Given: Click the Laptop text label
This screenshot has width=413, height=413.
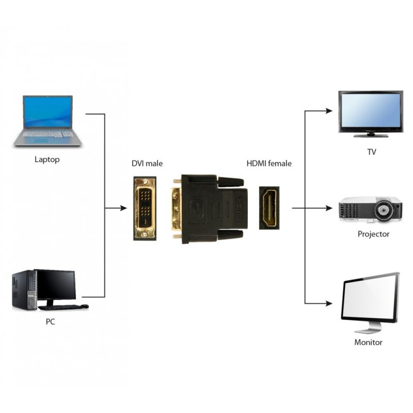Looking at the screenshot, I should coord(47,159).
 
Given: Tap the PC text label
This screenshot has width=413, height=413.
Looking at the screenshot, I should coord(50,322).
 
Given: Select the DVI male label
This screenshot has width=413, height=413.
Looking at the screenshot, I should coord(147,164).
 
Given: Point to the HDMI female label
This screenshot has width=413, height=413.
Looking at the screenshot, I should coord(269,164).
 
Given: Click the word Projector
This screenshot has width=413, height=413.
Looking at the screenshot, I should coord(373,234).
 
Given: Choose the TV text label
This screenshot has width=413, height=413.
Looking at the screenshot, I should coord(372,152).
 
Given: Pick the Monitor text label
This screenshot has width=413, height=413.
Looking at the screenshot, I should coord(368,342).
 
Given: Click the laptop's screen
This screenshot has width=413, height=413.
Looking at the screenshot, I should coord(48,112).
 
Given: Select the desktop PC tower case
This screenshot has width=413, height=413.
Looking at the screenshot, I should coord(24,290).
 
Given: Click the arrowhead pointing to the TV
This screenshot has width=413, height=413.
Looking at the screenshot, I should coord(329,111).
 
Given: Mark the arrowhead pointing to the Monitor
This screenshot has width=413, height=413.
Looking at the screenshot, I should coord(329,304).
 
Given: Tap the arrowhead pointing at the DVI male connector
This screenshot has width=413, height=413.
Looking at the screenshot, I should coord(123,208).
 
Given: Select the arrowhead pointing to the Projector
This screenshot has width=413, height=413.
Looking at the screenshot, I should coord(329,208).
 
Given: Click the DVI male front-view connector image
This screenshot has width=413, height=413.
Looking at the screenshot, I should coord(145,208).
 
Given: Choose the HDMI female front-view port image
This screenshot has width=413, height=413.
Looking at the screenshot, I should coord(269,208).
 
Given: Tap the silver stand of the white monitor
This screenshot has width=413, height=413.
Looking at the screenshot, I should coord(368,329).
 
